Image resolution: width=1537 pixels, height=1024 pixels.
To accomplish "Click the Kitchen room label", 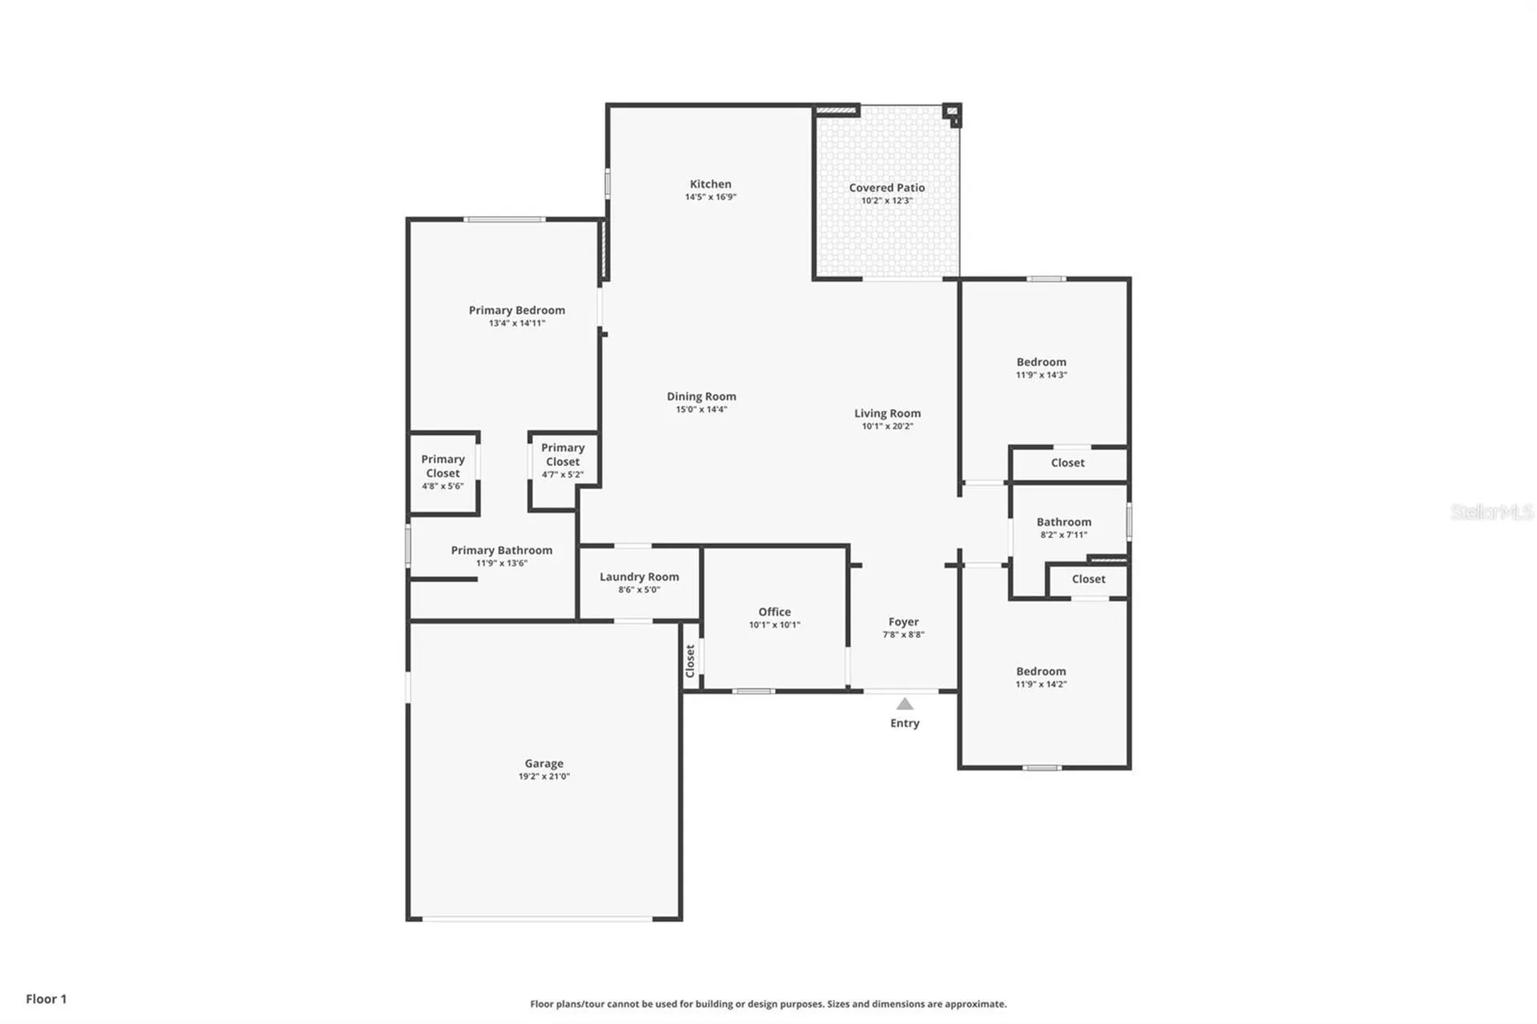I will tap(710, 184).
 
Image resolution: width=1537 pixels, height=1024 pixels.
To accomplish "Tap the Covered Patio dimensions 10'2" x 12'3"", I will tap(886, 201).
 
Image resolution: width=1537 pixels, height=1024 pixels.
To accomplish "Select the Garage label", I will tap(544, 763).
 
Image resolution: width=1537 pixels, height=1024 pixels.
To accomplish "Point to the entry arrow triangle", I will tap(905, 704).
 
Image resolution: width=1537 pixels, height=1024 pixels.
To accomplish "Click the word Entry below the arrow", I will tap(905, 723).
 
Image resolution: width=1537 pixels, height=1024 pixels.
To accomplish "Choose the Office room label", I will tap(774, 612).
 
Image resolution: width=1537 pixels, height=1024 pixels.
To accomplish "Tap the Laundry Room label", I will tap(639, 576).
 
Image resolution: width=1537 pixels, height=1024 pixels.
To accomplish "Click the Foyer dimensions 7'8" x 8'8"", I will tap(903, 634).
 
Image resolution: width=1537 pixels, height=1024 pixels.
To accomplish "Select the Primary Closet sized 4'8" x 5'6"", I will tap(443, 472).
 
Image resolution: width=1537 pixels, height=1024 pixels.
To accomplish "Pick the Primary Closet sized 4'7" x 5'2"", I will tap(563, 460).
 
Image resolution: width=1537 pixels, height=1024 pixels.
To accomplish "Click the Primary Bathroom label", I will tap(501, 550).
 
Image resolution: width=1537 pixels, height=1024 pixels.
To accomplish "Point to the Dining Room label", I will tap(701, 396).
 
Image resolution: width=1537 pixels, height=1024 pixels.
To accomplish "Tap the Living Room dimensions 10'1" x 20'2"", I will tap(887, 426).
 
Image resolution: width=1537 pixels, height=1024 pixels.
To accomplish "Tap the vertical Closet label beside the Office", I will tap(690, 661).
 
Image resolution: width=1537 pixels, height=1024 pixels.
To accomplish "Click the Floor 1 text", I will tap(46, 998).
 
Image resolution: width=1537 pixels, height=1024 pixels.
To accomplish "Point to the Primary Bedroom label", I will tap(516, 310).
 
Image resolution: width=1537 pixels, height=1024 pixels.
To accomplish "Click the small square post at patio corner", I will tap(951, 112).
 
